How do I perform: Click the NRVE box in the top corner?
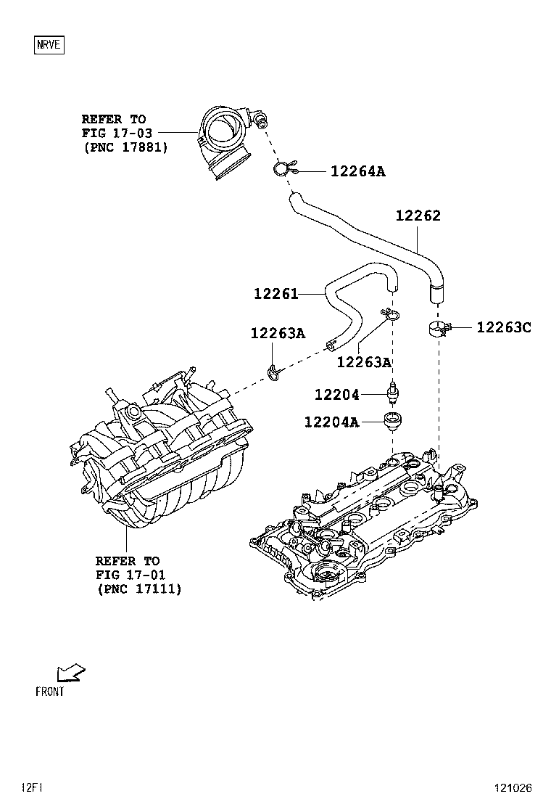tap(50, 45)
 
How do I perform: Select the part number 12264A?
tap(357, 172)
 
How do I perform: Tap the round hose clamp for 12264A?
tap(283, 170)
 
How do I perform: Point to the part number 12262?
tap(418, 216)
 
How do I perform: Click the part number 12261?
tap(275, 294)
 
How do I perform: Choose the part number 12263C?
tap(503, 327)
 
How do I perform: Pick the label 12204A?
tap(331, 422)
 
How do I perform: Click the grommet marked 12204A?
tap(393, 419)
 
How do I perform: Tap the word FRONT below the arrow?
tap(50, 692)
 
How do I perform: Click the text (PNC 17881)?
tap(125, 147)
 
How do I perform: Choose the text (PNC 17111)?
tap(138, 589)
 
